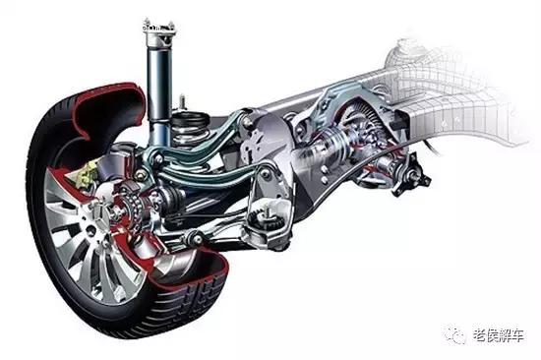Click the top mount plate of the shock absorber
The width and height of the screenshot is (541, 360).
point(159,29)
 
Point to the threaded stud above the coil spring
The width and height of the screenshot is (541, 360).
point(183,102)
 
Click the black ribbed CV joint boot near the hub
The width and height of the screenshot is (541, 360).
point(172,198)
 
